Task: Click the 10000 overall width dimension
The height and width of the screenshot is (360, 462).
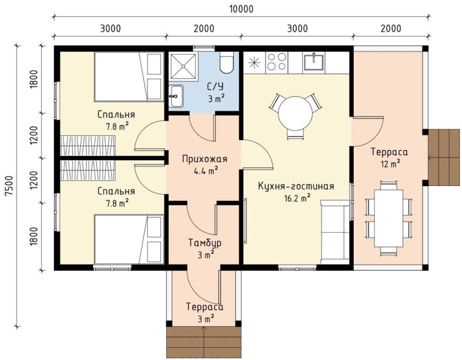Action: pyautogui.click(x=241, y=9)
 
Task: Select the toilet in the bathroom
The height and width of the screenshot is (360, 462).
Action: pyautogui.click(x=227, y=62)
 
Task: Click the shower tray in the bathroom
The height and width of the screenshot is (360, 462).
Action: pyautogui.click(x=183, y=67)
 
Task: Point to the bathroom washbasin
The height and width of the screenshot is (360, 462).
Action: pyautogui.click(x=176, y=96)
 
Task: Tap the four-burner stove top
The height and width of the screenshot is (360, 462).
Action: pyautogui.click(x=276, y=62)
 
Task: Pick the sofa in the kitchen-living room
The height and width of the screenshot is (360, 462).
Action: pyautogui.click(x=335, y=232)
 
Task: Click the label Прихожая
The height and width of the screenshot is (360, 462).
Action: pyautogui.click(x=204, y=159)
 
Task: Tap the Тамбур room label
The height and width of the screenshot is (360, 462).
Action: pyautogui.click(x=204, y=243)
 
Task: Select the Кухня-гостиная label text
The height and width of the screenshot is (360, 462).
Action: pyautogui.click(x=296, y=186)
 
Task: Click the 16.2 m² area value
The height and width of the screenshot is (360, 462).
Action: pyautogui.click(x=297, y=198)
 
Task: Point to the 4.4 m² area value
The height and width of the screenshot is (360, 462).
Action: pyautogui.click(x=205, y=171)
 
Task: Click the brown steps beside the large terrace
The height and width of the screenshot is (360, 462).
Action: pyautogui.click(x=444, y=157)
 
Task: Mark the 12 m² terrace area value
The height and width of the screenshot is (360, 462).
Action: pyautogui.click(x=390, y=163)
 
